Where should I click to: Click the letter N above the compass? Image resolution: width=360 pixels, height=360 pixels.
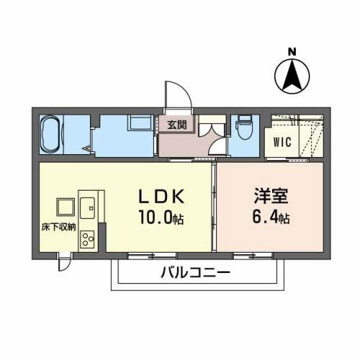coord(292,52)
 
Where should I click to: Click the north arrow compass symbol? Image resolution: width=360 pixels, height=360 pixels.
coord(292,75)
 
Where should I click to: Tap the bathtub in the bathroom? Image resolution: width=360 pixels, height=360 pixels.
coord(53,135)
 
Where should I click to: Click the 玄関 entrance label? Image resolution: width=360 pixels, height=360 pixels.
coord(177,125)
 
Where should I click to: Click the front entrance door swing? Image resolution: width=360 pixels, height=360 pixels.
coord(175,96)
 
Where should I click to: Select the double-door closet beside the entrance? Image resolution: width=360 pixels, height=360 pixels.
coord(211,137)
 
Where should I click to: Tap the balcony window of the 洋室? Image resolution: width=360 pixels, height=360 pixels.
coord(253,255)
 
